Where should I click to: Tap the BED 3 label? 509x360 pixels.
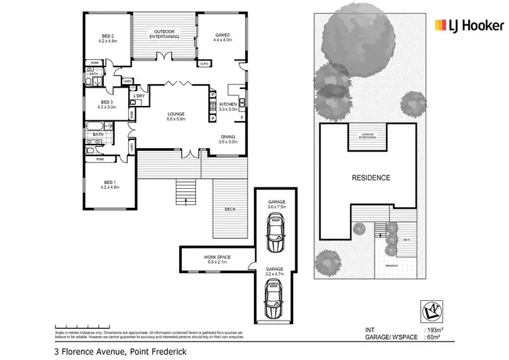click(x=107, y=104)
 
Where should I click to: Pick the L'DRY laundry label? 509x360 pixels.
click(x=139, y=96)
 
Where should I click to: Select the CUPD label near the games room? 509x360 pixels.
click(x=204, y=64)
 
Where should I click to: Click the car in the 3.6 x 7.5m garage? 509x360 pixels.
click(x=276, y=232)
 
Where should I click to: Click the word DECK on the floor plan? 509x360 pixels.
click(x=231, y=209)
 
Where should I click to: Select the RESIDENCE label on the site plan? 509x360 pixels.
click(x=371, y=178)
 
